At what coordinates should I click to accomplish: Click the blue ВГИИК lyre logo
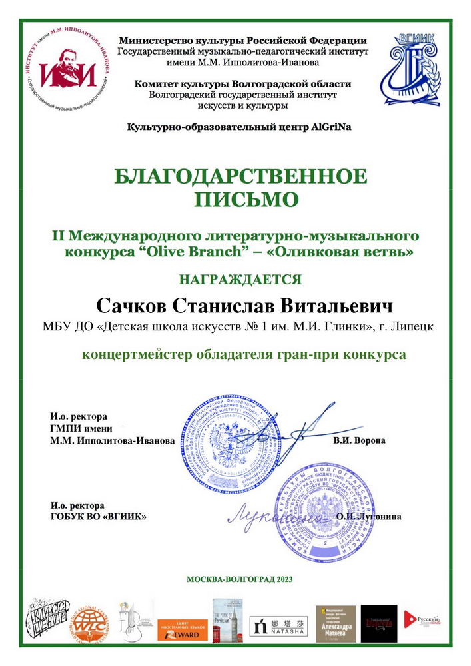tap(410, 69)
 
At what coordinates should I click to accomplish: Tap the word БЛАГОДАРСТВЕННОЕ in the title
tap(240, 177)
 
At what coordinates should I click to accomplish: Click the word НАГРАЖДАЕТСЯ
tap(240, 279)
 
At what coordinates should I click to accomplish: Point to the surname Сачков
tap(132, 306)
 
